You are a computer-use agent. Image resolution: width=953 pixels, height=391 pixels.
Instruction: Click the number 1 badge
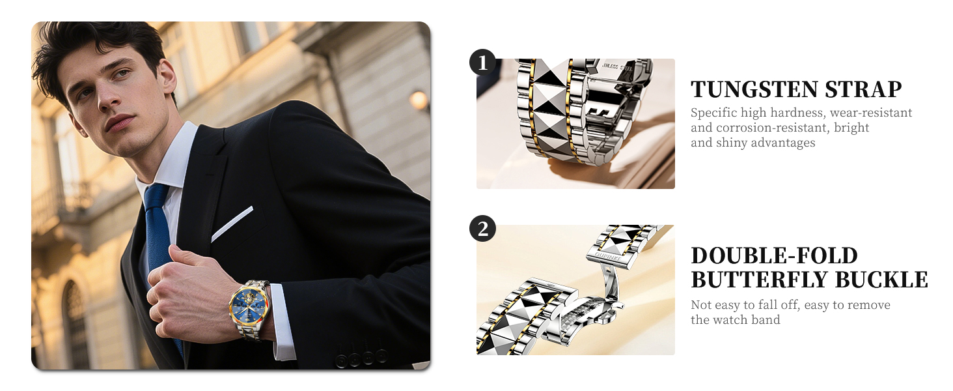(x=482, y=63)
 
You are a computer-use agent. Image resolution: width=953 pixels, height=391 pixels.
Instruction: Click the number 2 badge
(x=482, y=229)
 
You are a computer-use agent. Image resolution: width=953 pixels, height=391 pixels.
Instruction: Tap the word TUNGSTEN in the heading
(x=754, y=89)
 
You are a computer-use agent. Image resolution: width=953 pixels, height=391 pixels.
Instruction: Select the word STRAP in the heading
(x=863, y=89)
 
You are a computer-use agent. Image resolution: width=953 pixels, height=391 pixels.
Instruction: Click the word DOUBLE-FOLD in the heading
(x=775, y=255)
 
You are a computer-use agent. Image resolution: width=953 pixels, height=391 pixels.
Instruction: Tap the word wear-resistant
(x=871, y=113)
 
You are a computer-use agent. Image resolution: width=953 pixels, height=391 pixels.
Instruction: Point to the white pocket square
(x=232, y=224)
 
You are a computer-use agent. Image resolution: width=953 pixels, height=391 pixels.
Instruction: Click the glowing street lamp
(x=418, y=100)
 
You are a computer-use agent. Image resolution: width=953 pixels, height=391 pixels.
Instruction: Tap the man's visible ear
(x=167, y=77)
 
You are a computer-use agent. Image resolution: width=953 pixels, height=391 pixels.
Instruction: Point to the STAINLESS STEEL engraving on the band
(x=617, y=67)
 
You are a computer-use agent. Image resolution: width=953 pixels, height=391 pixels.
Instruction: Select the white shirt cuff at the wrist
(x=283, y=321)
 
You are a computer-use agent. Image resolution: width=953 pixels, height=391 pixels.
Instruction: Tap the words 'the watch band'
(x=736, y=320)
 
